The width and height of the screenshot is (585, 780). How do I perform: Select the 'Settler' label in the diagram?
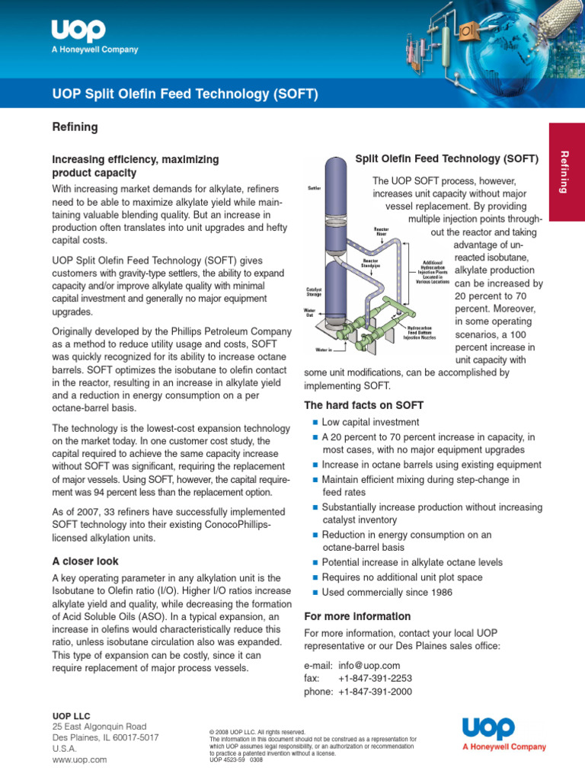click(x=313, y=187)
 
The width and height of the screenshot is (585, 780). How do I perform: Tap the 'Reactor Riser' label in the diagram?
click(x=381, y=232)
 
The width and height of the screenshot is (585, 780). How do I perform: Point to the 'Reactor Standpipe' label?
click(x=371, y=264)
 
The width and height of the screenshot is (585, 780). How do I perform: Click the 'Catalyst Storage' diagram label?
click(x=313, y=292)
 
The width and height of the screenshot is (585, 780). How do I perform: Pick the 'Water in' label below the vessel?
click(x=324, y=350)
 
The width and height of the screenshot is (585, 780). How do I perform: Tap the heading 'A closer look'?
click(x=85, y=561)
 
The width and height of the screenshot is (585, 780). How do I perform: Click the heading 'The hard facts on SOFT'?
click(x=363, y=404)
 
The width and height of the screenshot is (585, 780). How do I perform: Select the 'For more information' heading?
click(x=357, y=616)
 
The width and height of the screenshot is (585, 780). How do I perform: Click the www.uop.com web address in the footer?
click(x=79, y=759)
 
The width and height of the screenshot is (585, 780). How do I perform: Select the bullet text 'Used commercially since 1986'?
click(x=387, y=592)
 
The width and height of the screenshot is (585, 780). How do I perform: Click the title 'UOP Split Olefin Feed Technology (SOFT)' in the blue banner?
click(x=184, y=94)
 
